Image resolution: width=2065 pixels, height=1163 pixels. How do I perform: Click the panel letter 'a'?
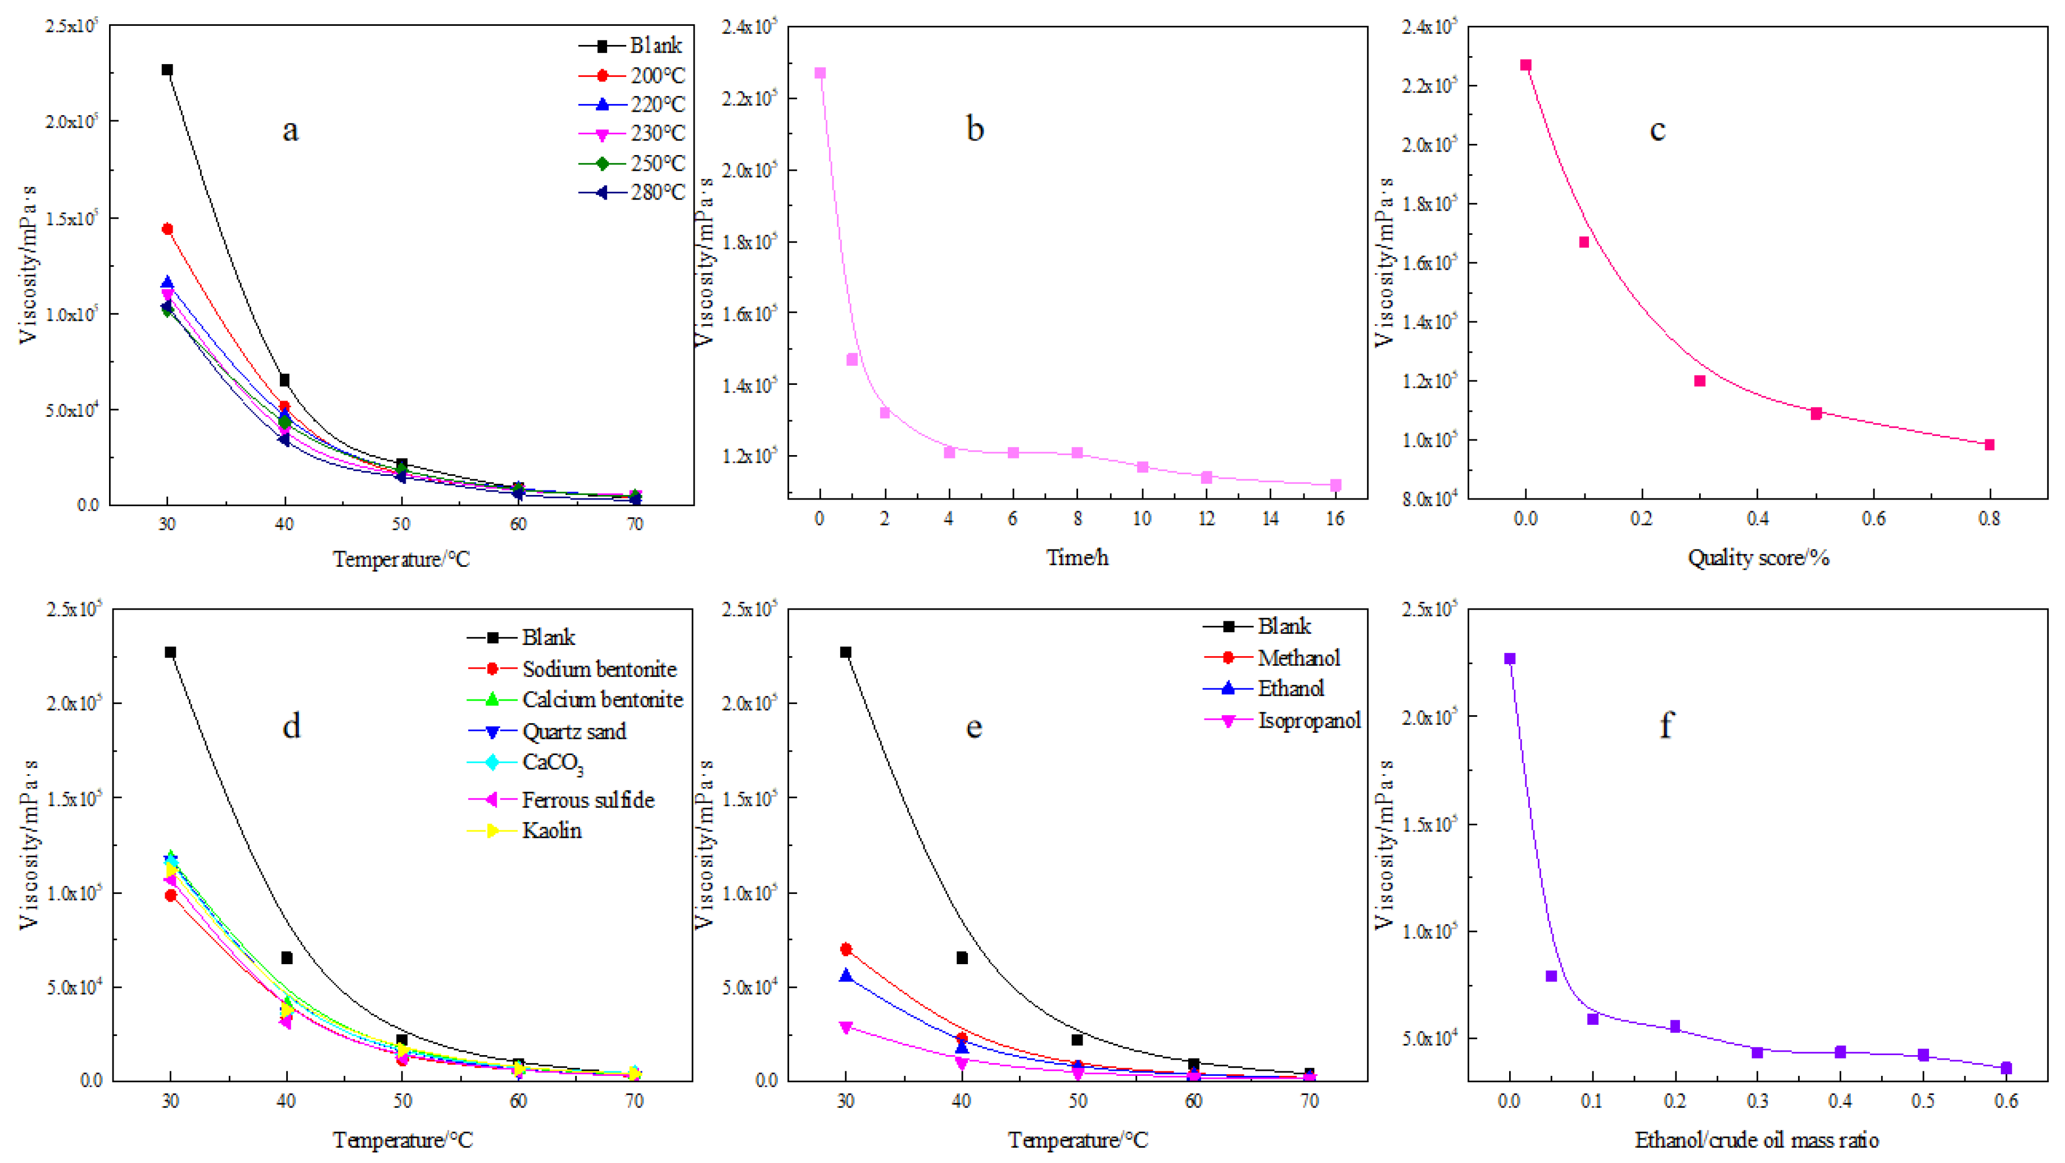click(290, 130)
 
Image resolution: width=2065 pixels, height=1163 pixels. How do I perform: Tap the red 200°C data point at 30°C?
click(167, 229)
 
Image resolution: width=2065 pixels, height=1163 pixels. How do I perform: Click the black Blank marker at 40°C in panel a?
click(284, 380)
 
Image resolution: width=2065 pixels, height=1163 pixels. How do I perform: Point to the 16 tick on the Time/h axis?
click(1335, 519)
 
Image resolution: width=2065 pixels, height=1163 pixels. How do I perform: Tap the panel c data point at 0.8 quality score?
click(1989, 445)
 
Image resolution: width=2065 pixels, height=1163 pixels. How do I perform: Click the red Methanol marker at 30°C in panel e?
click(846, 949)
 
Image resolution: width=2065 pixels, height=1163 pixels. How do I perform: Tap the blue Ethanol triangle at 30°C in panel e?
click(846, 975)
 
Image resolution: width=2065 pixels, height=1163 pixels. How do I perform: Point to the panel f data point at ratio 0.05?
click(1551, 975)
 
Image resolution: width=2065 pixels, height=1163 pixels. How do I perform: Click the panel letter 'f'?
click(1666, 725)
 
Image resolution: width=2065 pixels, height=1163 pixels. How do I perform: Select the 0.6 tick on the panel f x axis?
click(2005, 1101)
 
